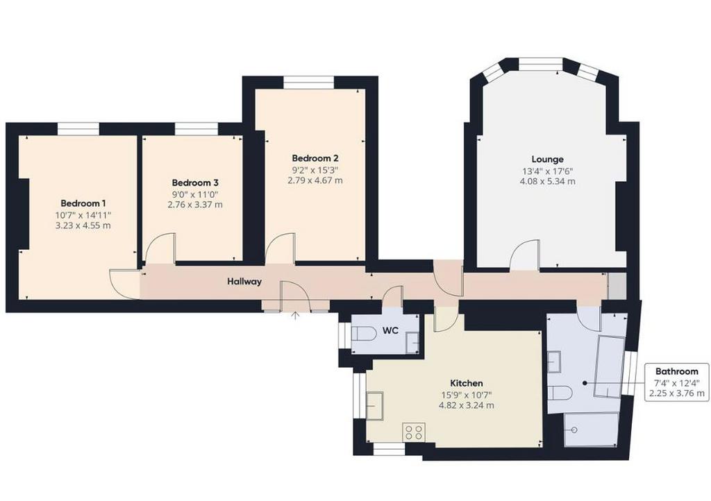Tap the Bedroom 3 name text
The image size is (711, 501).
tap(195, 183)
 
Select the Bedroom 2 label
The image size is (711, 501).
tap(315, 158)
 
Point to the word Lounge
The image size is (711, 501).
tap(548, 160)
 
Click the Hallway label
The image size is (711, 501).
tap(244, 282)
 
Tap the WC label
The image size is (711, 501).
tap(390, 331)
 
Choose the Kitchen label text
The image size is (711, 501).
tap(466, 383)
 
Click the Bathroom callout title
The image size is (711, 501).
tap(676, 371)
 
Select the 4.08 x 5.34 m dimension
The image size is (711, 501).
tap(548, 182)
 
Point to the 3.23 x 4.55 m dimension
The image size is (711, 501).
tap(83, 225)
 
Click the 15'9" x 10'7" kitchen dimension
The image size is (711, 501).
tap(466, 395)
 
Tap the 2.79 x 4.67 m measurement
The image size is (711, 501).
tap(315, 180)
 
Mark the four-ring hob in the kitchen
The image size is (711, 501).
tap(414, 432)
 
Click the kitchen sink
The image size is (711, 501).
tap(375, 405)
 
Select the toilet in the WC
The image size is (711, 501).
tap(364, 334)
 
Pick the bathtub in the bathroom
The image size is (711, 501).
tap(610, 366)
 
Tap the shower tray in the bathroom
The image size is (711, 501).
tap(591, 430)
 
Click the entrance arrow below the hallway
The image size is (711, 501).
tap(295, 315)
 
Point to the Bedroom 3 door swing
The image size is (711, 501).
tap(160, 248)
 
